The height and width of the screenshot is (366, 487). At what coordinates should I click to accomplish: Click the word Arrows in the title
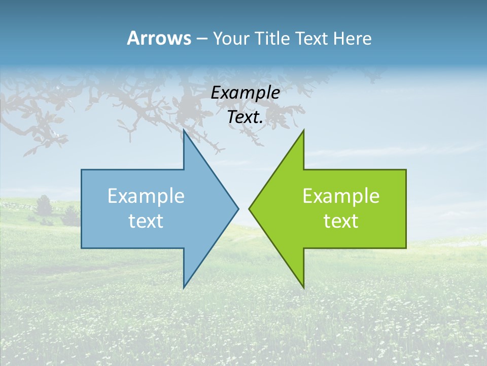coord(159,38)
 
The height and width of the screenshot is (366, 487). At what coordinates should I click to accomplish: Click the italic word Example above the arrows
coord(246,93)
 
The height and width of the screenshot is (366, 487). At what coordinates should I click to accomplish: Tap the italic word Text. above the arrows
coord(246,117)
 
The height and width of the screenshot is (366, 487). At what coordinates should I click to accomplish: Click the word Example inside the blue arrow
coord(146,196)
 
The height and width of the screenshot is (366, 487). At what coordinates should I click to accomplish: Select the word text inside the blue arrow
coord(146,221)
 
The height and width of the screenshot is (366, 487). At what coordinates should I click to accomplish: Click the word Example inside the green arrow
coord(341,196)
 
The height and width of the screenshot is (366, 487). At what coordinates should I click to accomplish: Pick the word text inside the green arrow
coord(341,221)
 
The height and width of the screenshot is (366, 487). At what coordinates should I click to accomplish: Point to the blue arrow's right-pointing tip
coord(238,208)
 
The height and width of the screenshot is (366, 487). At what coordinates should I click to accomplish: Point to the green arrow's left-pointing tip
coord(249,208)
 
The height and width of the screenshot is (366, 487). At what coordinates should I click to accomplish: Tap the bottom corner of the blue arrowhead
coord(184,288)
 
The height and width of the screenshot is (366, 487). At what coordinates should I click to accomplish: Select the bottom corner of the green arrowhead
coord(303,288)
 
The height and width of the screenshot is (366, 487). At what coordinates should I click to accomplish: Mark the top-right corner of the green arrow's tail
coord(406,170)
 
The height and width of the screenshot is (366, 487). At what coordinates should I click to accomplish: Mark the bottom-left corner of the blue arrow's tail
coord(82,248)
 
